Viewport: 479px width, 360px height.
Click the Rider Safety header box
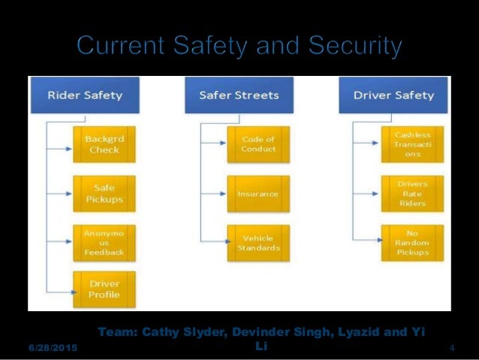tap(85, 95)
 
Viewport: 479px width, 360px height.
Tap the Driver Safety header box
tap(393, 95)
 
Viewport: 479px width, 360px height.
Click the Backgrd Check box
tap(104, 144)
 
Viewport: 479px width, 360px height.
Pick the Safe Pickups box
tap(104, 194)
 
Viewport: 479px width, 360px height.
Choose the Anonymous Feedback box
tap(104, 243)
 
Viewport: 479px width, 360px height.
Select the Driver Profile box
tap(104, 291)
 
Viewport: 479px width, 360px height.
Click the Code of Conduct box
tap(258, 144)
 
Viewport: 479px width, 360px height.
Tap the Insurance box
tap(258, 194)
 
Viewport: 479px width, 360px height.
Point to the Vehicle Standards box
tap(258, 243)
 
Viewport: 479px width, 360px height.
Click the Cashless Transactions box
tap(412, 144)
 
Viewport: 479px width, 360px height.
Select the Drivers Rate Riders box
tap(412, 194)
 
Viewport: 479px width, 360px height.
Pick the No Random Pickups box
tap(412, 243)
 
